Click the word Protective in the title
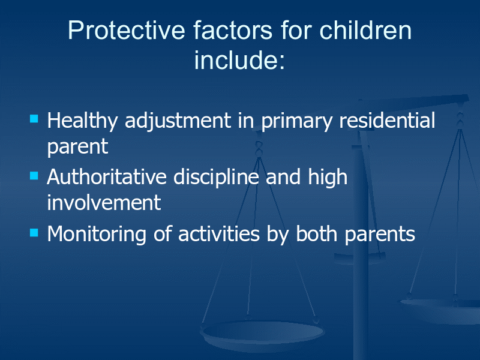(127, 30)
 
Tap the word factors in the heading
(233, 30)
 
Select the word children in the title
(365, 30)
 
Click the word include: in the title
(239, 59)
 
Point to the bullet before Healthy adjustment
(34, 118)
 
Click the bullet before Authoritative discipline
(34, 176)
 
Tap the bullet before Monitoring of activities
(34, 233)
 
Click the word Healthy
(82, 121)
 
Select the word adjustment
(178, 121)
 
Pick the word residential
(387, 120)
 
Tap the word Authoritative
(107, 176)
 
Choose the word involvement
(104, 202)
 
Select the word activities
(219, 234)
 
